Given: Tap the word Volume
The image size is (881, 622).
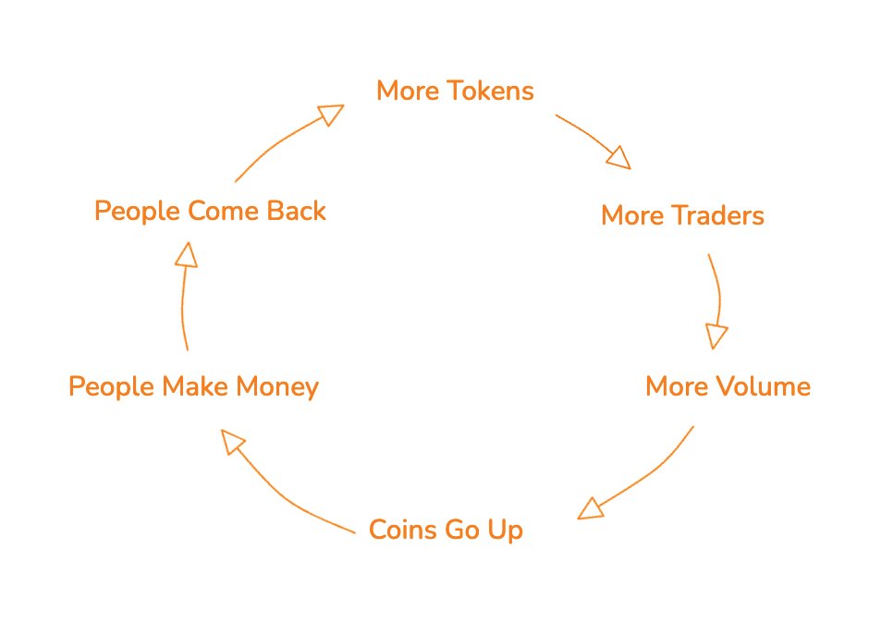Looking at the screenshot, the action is [763, 386].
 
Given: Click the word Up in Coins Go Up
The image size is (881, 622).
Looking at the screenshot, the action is [505, 531].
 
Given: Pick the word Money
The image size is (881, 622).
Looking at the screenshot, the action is [277, 388].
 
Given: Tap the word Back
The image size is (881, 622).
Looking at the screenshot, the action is [296, 212].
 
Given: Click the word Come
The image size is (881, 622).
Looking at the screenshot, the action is [223, 212].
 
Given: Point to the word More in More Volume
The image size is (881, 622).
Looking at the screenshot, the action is [677, 386].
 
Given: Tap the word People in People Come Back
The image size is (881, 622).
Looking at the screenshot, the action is [137, 213].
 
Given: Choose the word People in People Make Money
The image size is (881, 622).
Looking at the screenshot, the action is [111, 388].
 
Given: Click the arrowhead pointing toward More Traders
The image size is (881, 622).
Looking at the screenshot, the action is [619, 158].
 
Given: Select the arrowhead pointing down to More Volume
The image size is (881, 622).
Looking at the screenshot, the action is [716, 336].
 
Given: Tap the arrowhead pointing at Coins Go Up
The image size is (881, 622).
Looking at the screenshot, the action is [590, 509].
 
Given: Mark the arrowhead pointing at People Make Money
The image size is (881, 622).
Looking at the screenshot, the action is [232, 442].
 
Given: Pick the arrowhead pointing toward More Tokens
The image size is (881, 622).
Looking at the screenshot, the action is [331, 114].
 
